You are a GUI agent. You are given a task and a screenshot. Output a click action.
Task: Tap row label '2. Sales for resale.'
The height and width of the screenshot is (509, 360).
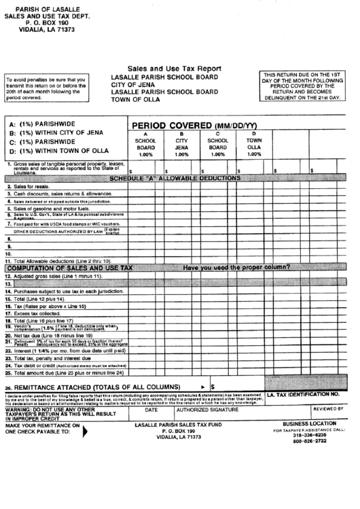point(29,186)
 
